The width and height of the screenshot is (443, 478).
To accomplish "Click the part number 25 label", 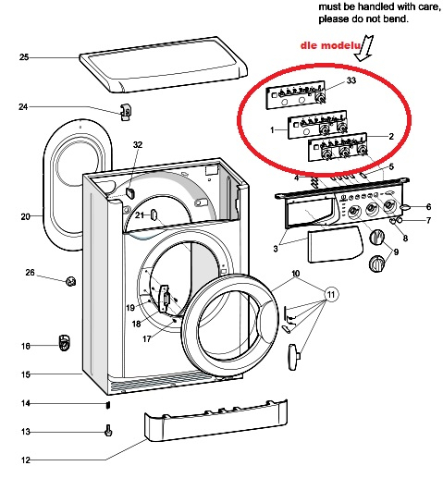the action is click(24, 57).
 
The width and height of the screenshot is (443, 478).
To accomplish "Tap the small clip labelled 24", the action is click(126, 112).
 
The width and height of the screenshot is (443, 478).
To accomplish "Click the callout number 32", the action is click(138, 144).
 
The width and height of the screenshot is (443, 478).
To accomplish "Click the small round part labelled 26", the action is click(71, 281).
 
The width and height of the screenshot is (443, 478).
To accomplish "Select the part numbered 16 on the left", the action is click(64, 343).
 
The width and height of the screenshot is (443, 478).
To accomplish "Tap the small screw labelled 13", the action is click(108, 430).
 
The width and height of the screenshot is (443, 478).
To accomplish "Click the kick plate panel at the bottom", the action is click(215, 421).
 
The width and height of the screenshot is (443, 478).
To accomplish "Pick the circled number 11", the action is click(331, 295).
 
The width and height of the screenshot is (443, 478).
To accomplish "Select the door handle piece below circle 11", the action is click(293, 357).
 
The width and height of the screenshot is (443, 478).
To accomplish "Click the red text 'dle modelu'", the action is click(330, 45).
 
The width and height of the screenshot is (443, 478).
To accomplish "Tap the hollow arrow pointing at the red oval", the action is click(364, 48).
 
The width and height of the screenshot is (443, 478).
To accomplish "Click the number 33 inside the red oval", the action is click(351, 80).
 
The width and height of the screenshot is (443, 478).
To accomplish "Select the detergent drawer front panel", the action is click(334, 244).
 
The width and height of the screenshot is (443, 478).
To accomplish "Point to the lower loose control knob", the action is click(376, 264).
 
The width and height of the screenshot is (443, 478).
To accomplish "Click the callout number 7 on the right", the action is click(428, 220).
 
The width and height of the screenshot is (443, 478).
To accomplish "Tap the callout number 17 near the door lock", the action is click(147, 339).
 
